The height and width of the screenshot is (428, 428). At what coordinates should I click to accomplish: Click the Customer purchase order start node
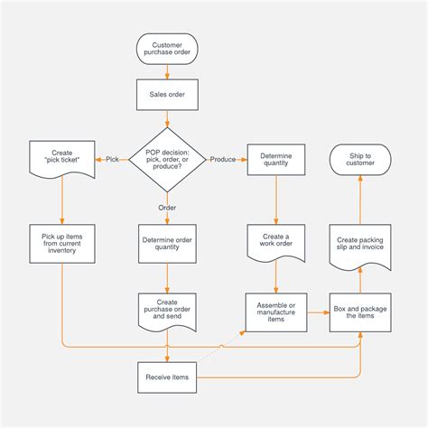coord(167,51)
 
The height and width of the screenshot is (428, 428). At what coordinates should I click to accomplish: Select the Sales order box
coord(167,94)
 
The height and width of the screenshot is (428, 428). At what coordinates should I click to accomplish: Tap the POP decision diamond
coord(167,159)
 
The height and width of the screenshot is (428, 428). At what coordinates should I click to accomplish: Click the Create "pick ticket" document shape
coord(62,159)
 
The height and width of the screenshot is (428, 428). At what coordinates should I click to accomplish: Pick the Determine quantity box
coord(275,159)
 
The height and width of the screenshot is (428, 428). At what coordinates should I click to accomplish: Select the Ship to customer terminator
coord(360,159)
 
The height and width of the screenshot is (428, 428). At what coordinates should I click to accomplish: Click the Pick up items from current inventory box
coord(62,244)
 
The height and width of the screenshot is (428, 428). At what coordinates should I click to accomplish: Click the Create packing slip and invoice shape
coord(360,244)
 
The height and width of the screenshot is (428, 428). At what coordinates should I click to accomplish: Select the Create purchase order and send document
coord(167,312)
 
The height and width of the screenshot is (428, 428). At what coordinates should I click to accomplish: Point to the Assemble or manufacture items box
coord(275,312)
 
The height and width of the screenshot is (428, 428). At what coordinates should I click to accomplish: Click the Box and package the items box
coord(360,312)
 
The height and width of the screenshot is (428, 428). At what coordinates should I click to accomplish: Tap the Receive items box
coord(167,377)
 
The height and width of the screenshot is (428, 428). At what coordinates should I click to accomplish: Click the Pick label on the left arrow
coord(112,160)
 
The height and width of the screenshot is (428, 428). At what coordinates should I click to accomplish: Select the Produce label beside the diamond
coord(223,160)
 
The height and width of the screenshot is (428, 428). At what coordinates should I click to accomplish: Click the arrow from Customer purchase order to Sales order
coord(167,72)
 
